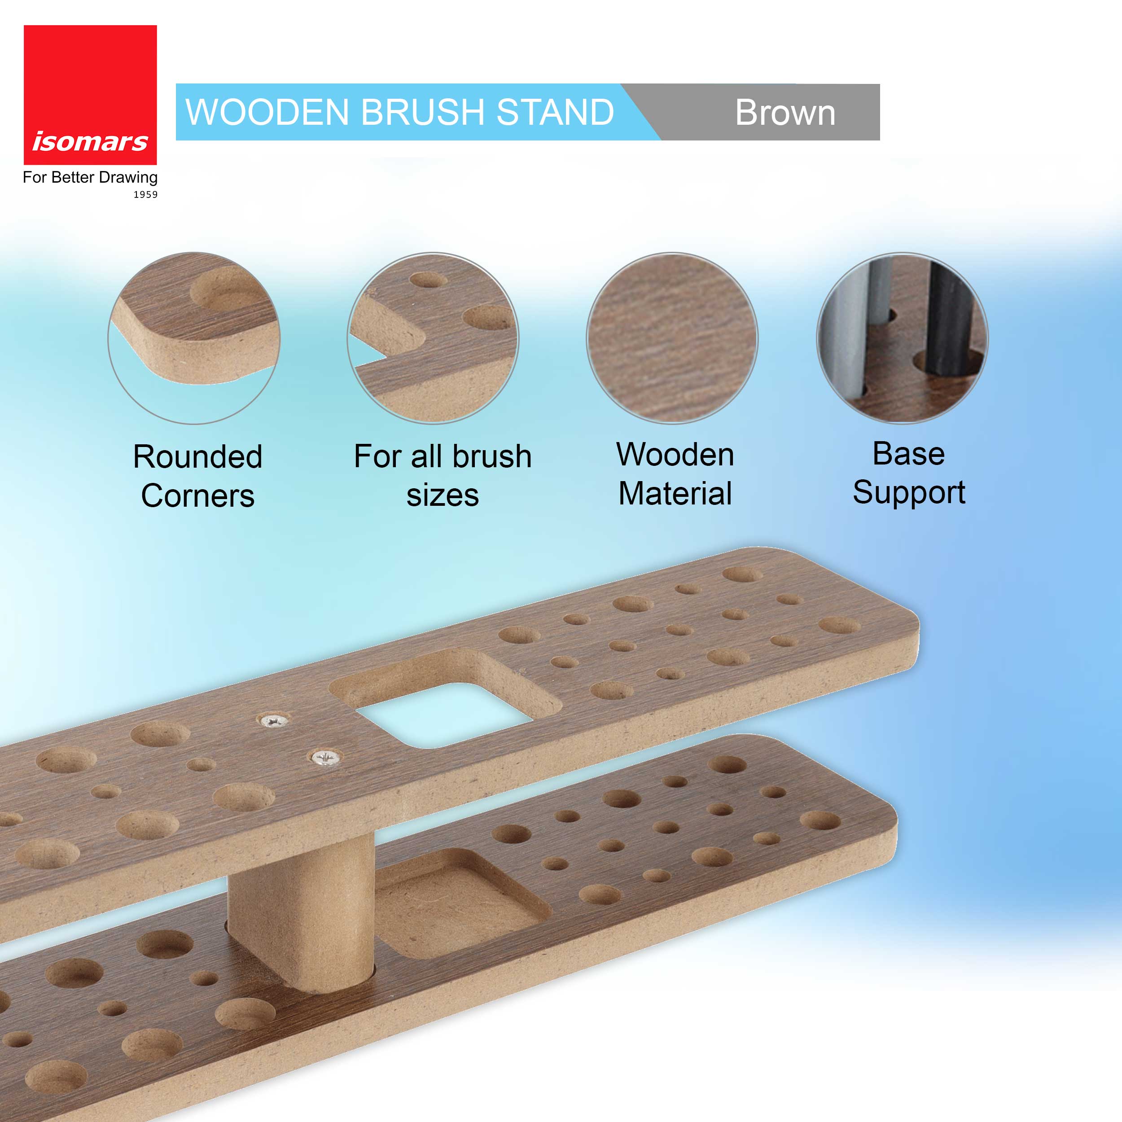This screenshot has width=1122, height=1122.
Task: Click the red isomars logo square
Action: coord(90,95)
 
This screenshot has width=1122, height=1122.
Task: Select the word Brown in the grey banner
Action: coord(785,112)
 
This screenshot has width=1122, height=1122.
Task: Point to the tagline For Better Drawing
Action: coord(90,177)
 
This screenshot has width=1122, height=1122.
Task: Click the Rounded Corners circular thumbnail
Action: coord(194,338)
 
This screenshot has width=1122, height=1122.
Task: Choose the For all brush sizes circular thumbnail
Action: coord(433,338)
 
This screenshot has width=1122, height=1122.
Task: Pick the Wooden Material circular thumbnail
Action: coord(672,338)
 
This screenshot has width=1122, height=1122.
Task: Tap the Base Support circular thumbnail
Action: coord(903,338)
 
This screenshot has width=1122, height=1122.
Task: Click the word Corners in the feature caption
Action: coord(197,496)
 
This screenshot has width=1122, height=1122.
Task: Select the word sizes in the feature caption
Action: coord(443,495)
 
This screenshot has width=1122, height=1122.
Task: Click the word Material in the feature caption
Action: coord(675,494)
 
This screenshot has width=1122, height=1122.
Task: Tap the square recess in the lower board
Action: coord(459,903)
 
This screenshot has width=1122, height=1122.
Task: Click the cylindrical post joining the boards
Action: coord(300,912)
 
